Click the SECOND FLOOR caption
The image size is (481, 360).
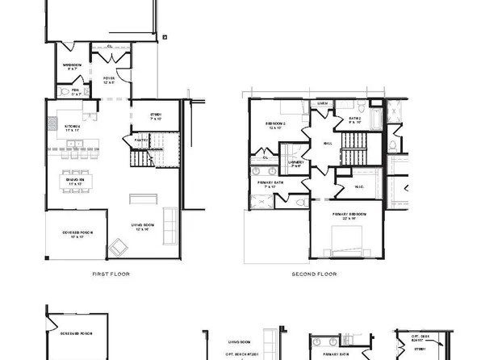pos(315,274)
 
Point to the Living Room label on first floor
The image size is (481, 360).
pos(143,228)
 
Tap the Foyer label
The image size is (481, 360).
pos(109,80)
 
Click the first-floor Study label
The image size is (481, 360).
pos(157,116)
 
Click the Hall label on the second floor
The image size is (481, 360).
pos(328,142)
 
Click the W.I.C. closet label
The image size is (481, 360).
pos(360,188)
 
